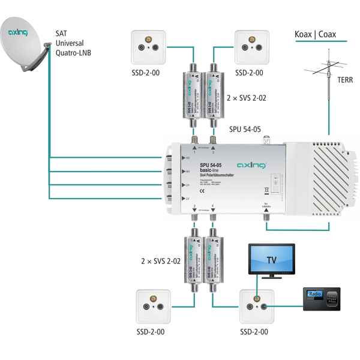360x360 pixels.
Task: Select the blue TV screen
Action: (271, 259)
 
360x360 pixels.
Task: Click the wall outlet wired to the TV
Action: (256, 307)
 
